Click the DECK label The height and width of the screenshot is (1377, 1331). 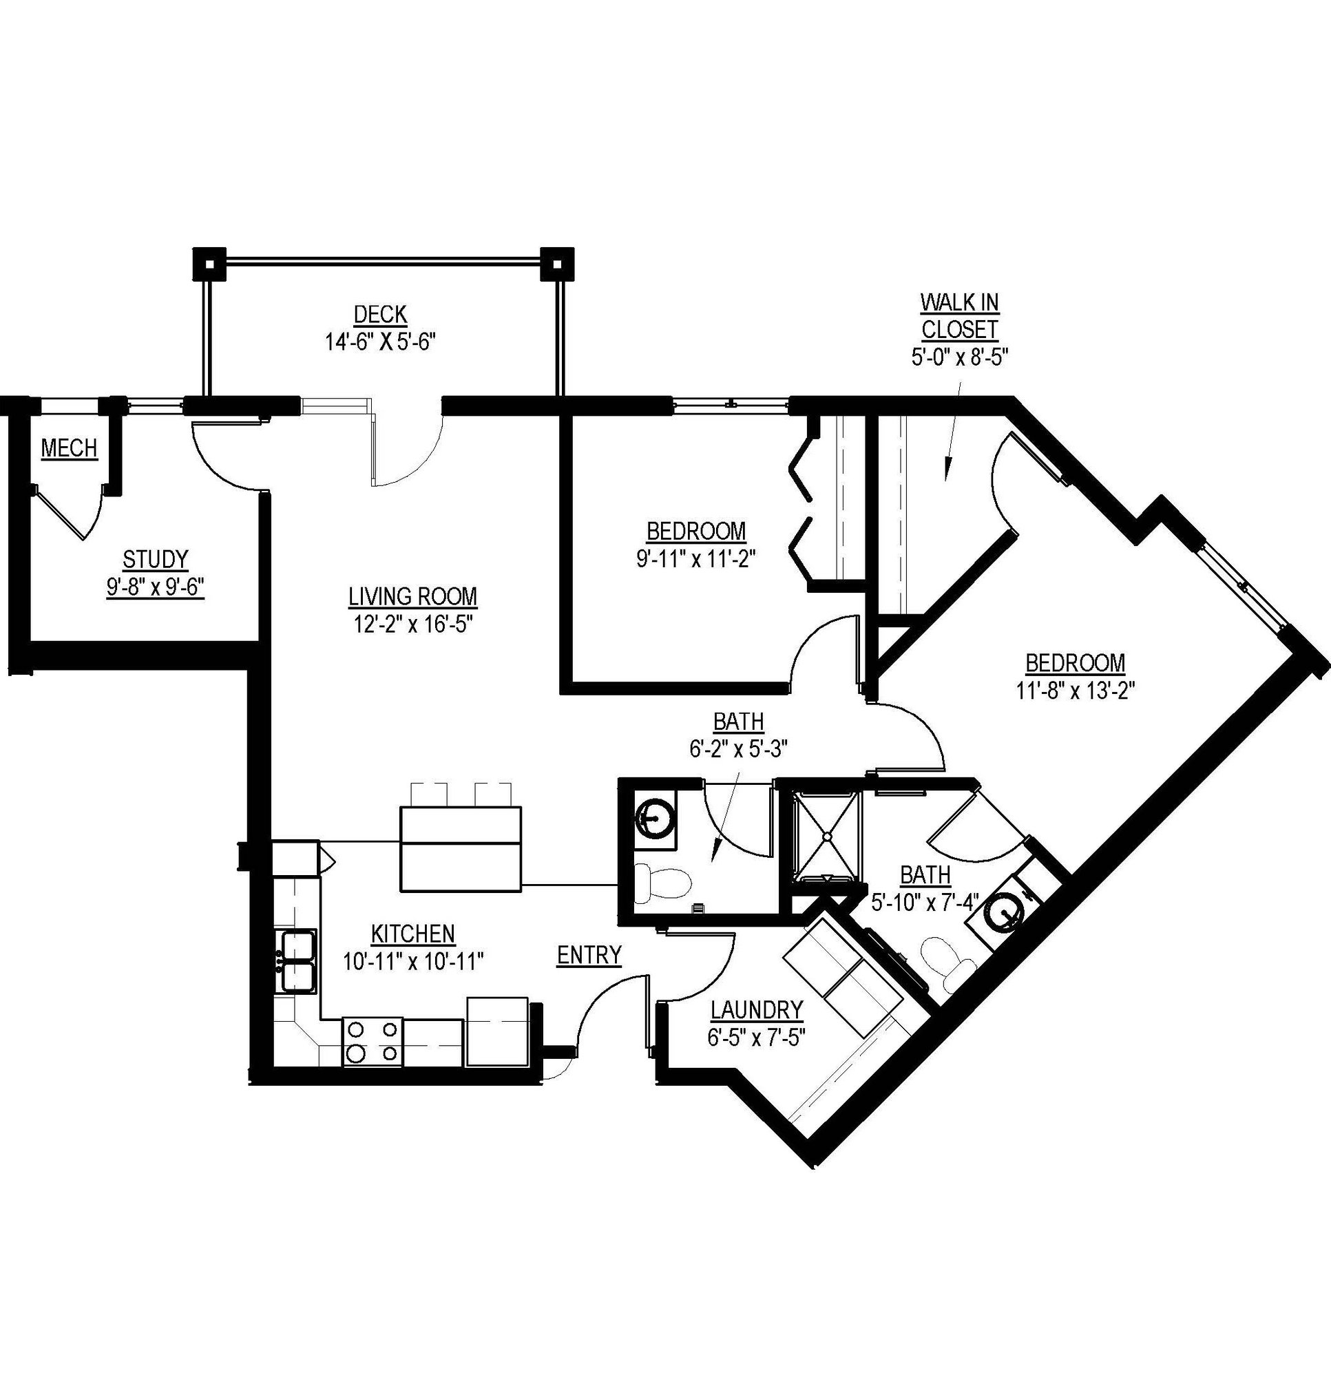(x=380, y=314)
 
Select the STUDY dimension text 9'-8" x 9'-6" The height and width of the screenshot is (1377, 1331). (x=156, y=587)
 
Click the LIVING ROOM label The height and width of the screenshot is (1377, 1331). (x=412, y=596)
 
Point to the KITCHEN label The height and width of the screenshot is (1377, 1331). (x=412, y=934)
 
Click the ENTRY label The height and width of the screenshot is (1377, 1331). (x=589, y=955)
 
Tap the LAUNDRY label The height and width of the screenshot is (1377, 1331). (x=756, y=1009)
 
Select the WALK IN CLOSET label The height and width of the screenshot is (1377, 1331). (x=959, y=315)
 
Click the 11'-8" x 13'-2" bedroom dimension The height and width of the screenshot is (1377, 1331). (x=1076, y=691)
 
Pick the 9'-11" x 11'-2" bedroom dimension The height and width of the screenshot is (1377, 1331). (x=695, y=558)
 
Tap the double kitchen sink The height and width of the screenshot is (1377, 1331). (x=299, y=960)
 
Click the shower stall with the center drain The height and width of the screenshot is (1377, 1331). (x=826, y=836)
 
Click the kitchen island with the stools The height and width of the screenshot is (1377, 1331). (x=460, y=849)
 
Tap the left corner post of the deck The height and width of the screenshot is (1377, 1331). (x=209, y=265)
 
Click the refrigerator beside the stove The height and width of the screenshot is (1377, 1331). (x=497, y=1031)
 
